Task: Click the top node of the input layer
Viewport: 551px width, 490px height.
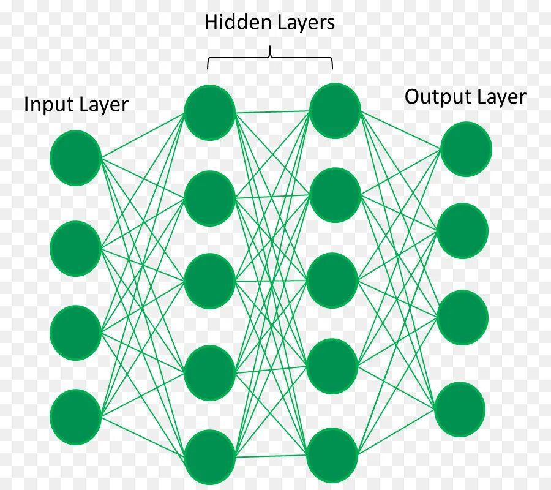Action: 75,157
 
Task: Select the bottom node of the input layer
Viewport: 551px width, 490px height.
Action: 75,417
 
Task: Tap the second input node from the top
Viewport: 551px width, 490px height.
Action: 75,248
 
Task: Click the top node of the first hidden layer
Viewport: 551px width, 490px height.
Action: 209,112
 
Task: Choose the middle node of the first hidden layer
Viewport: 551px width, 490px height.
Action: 209,281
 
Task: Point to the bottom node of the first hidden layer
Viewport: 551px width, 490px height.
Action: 209,457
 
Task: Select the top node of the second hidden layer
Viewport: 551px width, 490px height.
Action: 335,110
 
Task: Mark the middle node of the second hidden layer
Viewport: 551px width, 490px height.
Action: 333,280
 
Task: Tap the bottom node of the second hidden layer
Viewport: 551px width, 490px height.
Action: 332,455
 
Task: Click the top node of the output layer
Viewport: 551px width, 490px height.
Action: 466,149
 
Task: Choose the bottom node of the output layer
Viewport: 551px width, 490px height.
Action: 460,410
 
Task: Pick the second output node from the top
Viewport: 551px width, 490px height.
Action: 463,231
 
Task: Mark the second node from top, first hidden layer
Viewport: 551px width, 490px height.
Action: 209,198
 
